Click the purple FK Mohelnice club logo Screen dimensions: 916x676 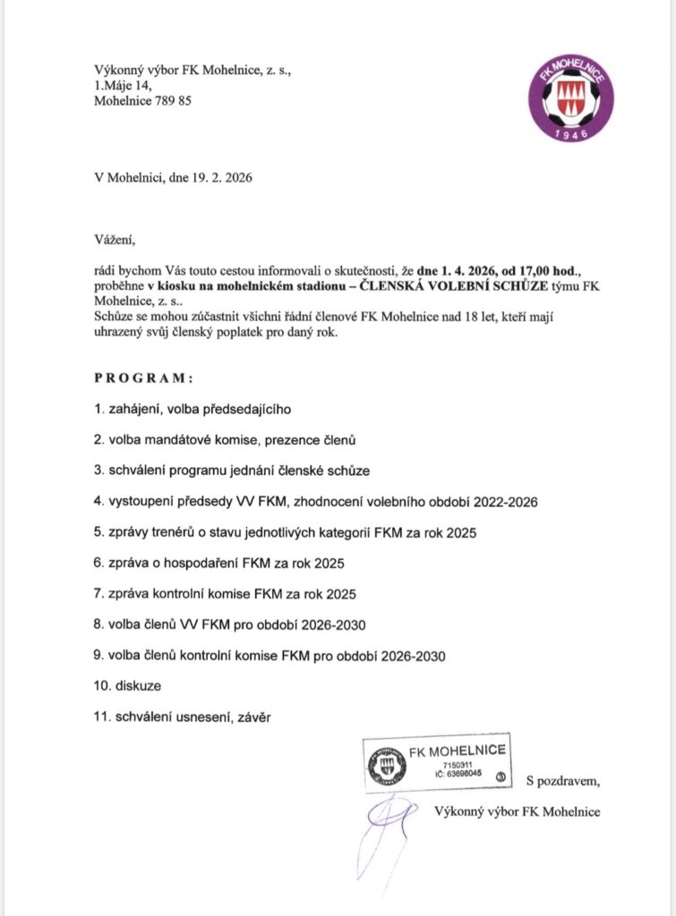tap(569, 99)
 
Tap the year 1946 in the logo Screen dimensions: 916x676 tap(569, 133)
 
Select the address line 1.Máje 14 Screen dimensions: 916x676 tap(124, 85)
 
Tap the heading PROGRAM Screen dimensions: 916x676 tap(143, 377)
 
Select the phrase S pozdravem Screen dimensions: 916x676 tap(563, 781)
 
